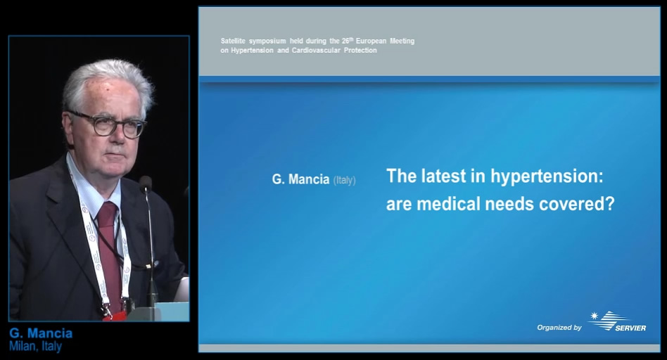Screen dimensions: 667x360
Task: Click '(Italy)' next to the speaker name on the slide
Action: click(344, 180)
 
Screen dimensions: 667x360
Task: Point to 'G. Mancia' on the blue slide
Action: click(300, 179)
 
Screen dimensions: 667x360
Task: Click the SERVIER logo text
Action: click(630, 328)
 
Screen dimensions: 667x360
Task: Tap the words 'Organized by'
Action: click(559, 327)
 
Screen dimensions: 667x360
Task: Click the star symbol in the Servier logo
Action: click(595, 316)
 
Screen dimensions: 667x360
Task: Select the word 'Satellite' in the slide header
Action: click(233, 41)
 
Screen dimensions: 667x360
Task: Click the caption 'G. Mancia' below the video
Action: click(41, 333)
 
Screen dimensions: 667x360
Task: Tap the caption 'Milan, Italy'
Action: click(35, 346)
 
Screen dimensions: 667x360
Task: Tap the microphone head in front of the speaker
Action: click(146, 184)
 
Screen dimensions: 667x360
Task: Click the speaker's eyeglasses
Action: click(108, 124)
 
